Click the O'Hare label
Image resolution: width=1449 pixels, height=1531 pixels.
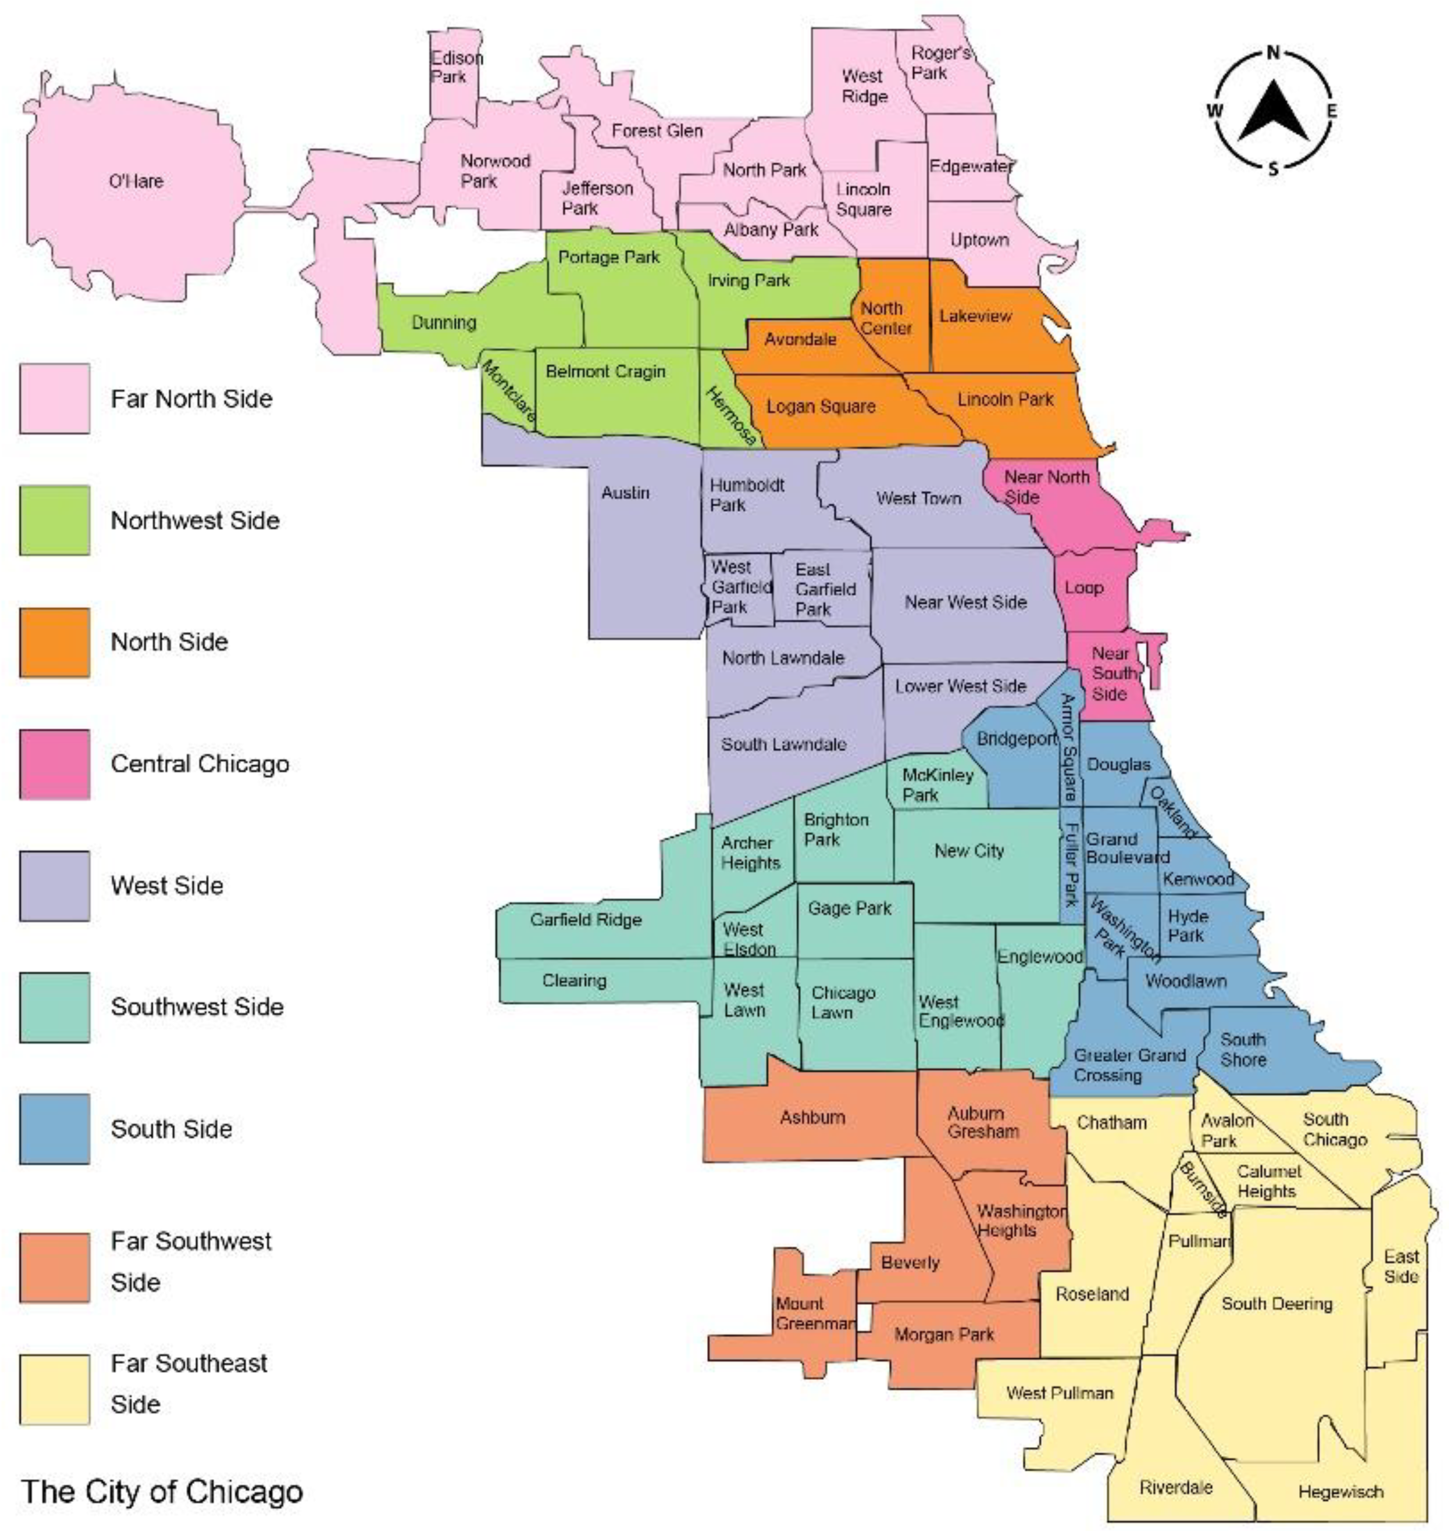[136, 181]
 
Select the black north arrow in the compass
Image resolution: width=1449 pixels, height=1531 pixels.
[1273, 112]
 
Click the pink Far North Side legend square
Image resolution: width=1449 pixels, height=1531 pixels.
[54, 399]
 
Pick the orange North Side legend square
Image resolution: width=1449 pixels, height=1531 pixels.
[54, 642]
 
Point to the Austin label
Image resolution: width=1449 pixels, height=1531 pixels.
[625, 492]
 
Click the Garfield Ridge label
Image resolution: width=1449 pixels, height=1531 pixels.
[586, 919]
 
